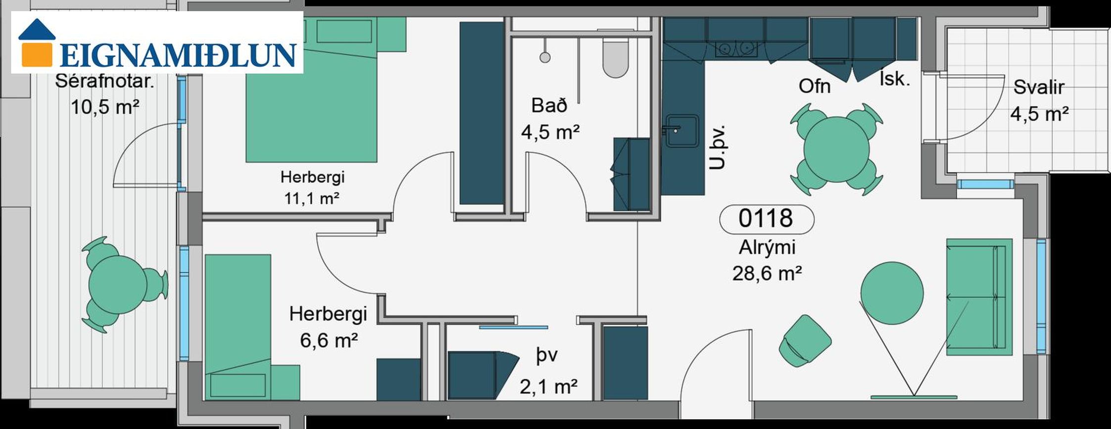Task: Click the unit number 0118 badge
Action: pyautogui.click(x=766, y=219)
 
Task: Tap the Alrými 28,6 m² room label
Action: pyautogui.click(x=767, y=260)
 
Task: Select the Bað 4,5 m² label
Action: pyautogui.click(x=550, y=119)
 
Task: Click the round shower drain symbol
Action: pyautogui.click(x=545, y=57)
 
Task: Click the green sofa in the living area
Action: pyautogui.click(x=979, y=297)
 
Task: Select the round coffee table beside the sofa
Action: pyautogui.click(x=892, y=293)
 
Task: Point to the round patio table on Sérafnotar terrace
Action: pyautogui.click(x=118, y=284)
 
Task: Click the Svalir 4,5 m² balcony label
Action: pyautogui.click(x=1039, y=100)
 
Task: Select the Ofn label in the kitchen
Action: pyautogui.click(x=815, y=86)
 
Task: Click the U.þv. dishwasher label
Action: pyautogui.click(x=717, y=147)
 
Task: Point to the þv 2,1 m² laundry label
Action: pyautogui.click(x=548, y=371)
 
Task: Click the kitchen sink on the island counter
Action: pyautogui.click(x=682, y=131)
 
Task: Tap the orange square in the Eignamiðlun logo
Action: pyautogui.click(x=37, y=53)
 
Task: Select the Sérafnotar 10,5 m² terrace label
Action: pyautogui.click(x=104, y=94)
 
